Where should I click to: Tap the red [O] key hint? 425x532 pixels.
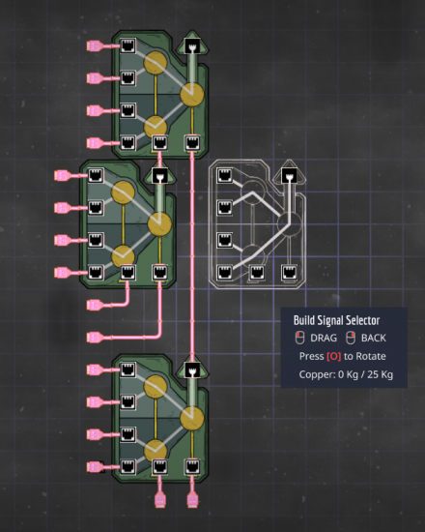[334, 356]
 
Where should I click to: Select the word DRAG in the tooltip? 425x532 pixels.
[324, 338]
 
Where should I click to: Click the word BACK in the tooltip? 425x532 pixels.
[374, 338]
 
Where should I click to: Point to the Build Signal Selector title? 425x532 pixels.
[336, 320]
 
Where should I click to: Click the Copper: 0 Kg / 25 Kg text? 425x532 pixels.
[346, 374]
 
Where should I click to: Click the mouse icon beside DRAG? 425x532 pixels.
[300, 338]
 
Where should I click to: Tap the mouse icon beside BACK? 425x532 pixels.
[351, 338]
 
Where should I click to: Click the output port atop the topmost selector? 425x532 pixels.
[192, 45]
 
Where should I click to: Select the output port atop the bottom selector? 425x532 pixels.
[192, 369]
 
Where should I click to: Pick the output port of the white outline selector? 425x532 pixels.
[289, 175]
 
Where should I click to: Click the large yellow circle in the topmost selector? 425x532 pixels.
[192, 94]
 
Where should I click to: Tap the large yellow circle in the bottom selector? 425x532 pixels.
[192, 418]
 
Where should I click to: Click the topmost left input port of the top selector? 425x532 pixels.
[128, 45]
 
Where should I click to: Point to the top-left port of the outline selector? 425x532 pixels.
[225, 175]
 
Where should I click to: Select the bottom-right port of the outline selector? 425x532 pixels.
[289, 273]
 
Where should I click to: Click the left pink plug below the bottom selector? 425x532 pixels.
[160, 501]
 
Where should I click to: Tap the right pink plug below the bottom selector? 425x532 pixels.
[192, 501]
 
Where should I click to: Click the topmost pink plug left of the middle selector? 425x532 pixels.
[62, 175]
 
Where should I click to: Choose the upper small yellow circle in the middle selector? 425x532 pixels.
[123, 192]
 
